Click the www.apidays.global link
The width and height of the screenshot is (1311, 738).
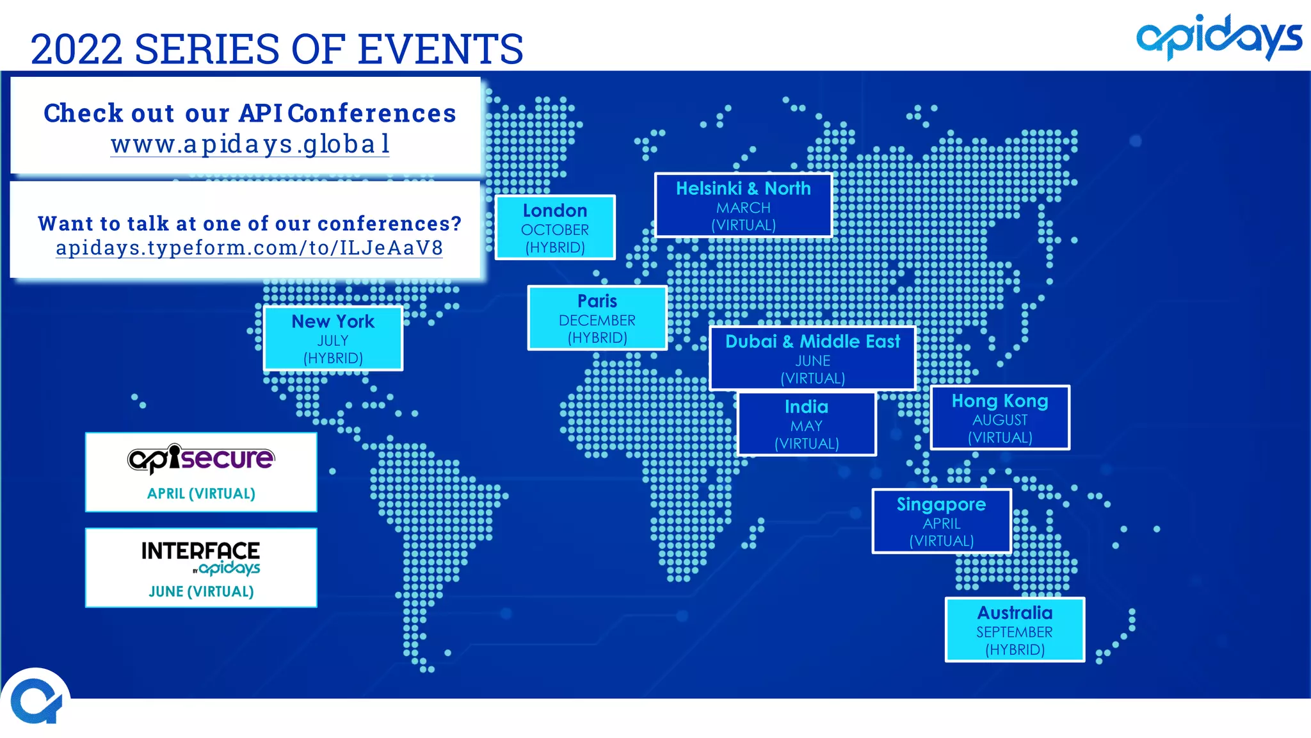[x=250, y=144]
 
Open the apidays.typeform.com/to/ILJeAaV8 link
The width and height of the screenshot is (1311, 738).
[x=249, y=248]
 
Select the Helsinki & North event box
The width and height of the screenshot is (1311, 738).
[x=743, y=205]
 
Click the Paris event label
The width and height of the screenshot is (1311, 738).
[x=597, y=318]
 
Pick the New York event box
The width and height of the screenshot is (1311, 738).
[x=333, y=338]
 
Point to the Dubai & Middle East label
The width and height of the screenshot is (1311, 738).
[x=812, y=358]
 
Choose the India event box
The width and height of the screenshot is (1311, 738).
[x=807, y=423]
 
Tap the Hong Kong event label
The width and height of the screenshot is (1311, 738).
[x=1000, y=418]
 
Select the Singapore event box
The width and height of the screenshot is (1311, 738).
[x=942, y=521]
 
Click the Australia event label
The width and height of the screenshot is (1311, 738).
[x=1015, y=629]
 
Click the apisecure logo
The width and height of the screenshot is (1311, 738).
[x=201, y=459]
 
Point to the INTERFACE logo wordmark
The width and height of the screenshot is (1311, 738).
[x=200, y=551]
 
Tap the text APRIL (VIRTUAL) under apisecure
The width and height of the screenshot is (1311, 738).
[x=201, y=493]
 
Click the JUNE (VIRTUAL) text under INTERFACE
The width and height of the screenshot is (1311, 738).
[x=201, y=591]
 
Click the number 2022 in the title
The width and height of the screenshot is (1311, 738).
[x=76, y=49]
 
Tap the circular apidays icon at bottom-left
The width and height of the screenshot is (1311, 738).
[x=36, y=702]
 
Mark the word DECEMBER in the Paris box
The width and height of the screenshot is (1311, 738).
[x=597, y=320]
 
